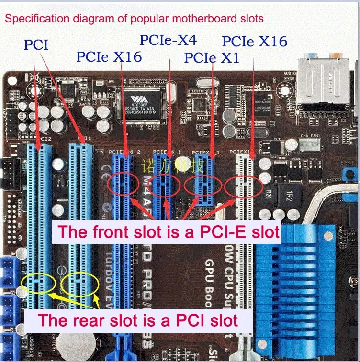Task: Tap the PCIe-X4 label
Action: pos(168,40)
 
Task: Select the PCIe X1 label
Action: pos(212,57)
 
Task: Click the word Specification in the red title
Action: pos(33,19)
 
